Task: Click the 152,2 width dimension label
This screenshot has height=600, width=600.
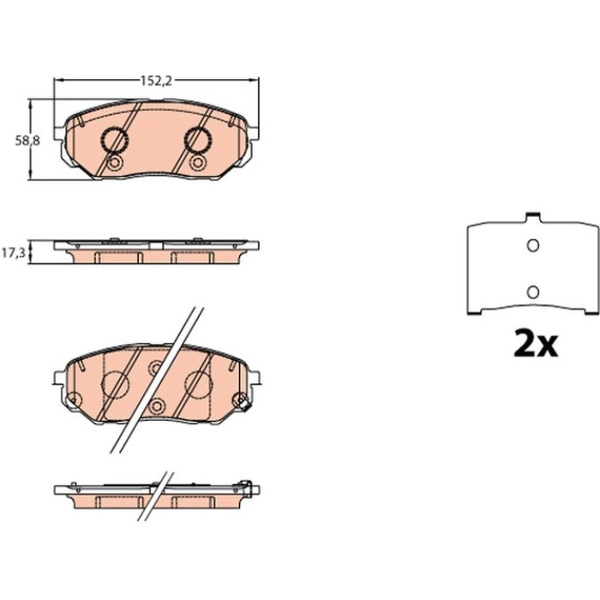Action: [x=156, y=81]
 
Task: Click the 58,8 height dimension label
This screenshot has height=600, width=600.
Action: [x=27, y=141]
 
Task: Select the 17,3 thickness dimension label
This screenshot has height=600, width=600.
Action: [x=14, y=253]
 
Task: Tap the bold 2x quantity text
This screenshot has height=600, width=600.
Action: [x=536, y=343]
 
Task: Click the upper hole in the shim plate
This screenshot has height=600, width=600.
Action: [x=532, y=245]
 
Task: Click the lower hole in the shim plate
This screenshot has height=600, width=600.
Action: [x=532, y=292]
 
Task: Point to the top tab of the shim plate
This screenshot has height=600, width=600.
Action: [x=532, y=217]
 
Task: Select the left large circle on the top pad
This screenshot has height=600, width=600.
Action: [x=114, y=140]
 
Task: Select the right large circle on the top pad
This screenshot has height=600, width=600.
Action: [x=197, y=140]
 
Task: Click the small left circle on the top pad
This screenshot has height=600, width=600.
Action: [x=114, y=164]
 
